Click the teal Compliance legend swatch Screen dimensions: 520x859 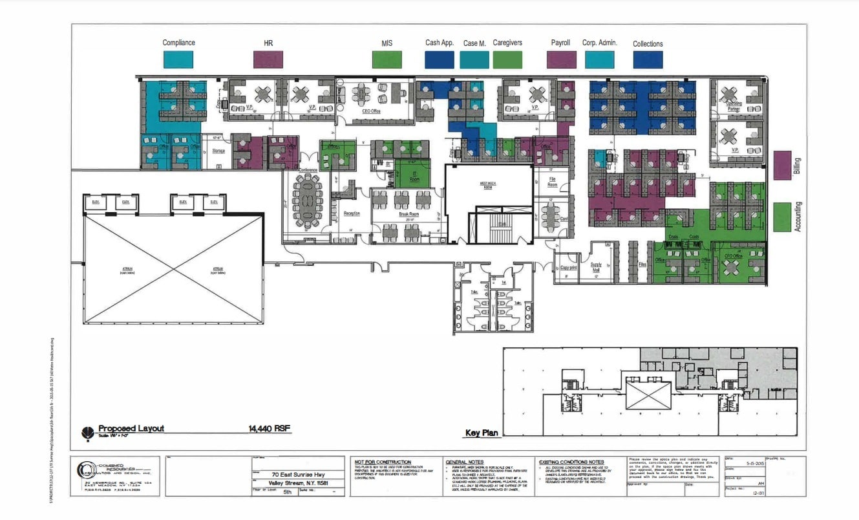(178, 60)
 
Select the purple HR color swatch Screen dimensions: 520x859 (268, 60)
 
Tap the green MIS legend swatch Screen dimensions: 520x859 (387, 60)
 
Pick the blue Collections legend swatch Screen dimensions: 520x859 (648, 60)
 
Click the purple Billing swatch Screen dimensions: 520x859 (783, 166)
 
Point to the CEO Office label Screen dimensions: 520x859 (371, 111)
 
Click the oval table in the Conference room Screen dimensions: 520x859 (306, 201)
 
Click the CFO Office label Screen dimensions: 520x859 (733, 256)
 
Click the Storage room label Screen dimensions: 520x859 (218, 151)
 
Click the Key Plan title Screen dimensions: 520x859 (482, 433)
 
